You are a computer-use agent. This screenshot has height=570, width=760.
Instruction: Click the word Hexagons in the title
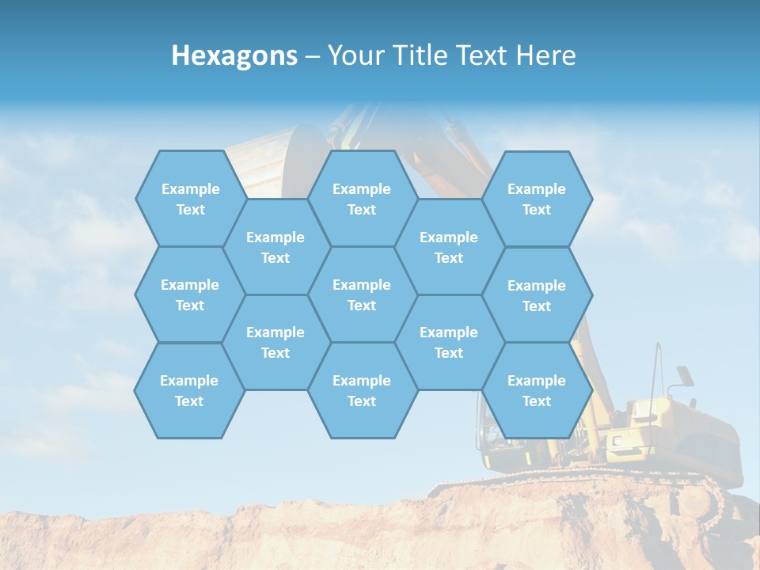click(x=234, y=55)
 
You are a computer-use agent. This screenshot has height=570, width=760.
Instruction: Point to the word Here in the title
click(x=546, y=55)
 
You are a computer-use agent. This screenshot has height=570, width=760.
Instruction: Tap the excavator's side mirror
click(x=682, y=375)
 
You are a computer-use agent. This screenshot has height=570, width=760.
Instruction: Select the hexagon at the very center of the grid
click(x=362, y=294)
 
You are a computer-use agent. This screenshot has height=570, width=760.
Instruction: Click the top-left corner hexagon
click(x=190, y=199)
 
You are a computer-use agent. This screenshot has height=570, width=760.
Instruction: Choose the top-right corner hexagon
click(x=537, y=199)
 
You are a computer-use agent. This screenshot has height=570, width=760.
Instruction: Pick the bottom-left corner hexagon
click(x=189, y=390)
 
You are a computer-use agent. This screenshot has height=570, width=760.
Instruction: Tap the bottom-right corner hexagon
click(x=537, y=390)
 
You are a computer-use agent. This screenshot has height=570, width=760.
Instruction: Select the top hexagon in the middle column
click(x=362, y=199)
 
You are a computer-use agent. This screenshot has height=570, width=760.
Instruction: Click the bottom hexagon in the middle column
click(x=362, y=390)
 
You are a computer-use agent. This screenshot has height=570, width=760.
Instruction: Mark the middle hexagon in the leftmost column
click(x=190, y=294)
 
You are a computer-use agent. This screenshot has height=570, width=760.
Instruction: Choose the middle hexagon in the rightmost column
click(x=537, y=295)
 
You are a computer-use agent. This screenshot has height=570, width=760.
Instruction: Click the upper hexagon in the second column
click(x=275, y=247)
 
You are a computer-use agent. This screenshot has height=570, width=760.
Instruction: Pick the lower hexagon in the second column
click(x=275, y=342)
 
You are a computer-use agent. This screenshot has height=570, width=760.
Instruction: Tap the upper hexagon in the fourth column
click(x=449, y=247)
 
